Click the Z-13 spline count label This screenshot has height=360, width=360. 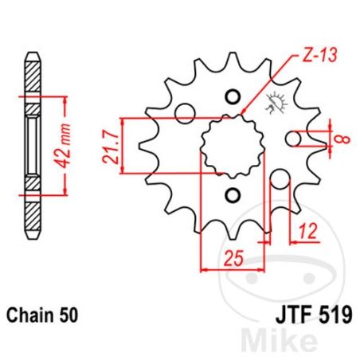pyautogui.click(x=319, y=56)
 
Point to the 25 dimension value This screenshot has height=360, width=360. pyautogui.click(x=233, y=258)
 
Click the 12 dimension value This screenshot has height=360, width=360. pyautogui.click(x=307, y=231)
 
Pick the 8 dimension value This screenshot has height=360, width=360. pyautogui.click(x=344, y=139)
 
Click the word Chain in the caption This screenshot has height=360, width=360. pyautogui.click(x=30, y=315)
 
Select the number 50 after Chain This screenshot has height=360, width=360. pyautogui.click(x=68, y=315)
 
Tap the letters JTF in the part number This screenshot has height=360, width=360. pyautogui.click(x=293, y=315)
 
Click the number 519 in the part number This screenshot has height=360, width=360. pyautogui.click(x=336, y=315)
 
